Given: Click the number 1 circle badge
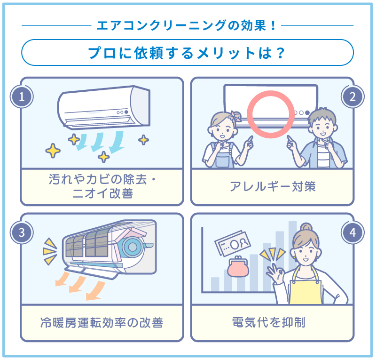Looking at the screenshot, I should pyautogui.click(x=22, y=97).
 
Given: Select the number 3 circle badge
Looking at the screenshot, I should pyautogui.click(x=22, y=232).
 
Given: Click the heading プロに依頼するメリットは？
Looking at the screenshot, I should pyautogui.click(x=188, y=53).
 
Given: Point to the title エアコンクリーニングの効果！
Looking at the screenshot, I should pyautogui.click(x=188, y=25).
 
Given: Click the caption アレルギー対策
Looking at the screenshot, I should pyautogui.click(x=272, y=187).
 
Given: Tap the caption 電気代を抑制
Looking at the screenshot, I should pyautogui.click(x=272, y=322).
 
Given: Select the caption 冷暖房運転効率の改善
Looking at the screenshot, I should pyautogui.click(x=102, y=322).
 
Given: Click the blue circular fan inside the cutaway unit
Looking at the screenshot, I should pyautogui.click(x=133, y=246).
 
